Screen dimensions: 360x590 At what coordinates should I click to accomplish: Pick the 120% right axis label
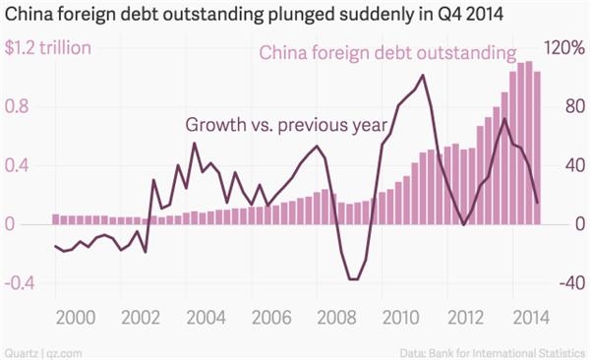tap(563, 48)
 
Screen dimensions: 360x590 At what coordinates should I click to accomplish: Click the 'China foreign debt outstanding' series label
tap(387, 52)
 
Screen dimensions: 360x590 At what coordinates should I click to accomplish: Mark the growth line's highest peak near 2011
tap(422, 75)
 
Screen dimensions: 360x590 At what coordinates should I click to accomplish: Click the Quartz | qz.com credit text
tap(41, 349)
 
